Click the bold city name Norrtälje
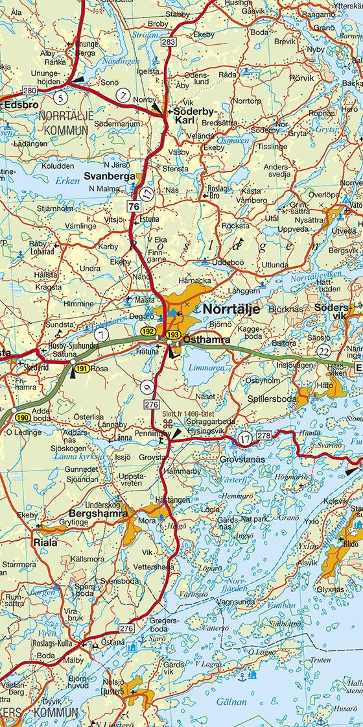pos(231,309)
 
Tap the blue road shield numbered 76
pos(134,206)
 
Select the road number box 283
pos(169,42)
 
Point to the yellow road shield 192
pos(149,332)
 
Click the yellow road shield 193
pos(172,334)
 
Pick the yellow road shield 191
pos(81,368)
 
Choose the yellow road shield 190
pos(23,417)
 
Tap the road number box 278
pos(264,435)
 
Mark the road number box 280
pos(29,90)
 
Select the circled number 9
pos(147,388)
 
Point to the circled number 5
pos(60,98)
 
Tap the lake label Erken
pos(67,180)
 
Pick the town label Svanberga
pos(110,175)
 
